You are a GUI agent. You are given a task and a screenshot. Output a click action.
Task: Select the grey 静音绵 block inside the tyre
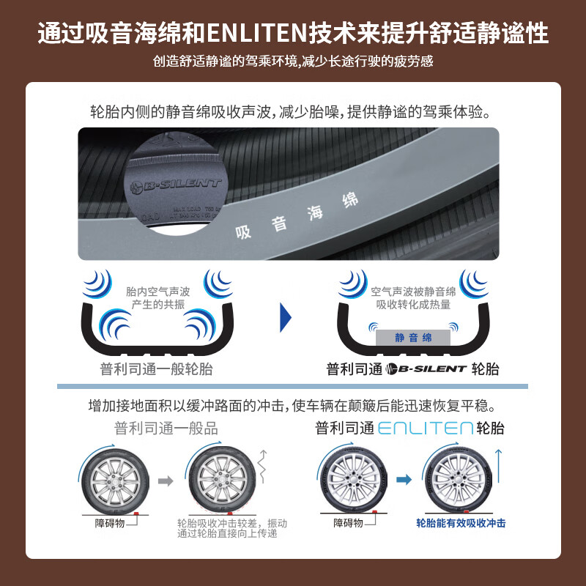413,338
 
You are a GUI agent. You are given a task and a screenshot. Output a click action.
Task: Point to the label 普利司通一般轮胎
156,369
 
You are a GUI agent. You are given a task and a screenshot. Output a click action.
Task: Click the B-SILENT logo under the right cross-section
426,369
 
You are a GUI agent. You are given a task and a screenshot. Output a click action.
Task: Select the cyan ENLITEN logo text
424,429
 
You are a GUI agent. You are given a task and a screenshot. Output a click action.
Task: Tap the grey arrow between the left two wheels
166,481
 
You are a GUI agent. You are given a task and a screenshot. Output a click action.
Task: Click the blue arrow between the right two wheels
402,481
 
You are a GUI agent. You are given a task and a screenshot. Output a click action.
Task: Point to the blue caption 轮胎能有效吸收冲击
461,523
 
